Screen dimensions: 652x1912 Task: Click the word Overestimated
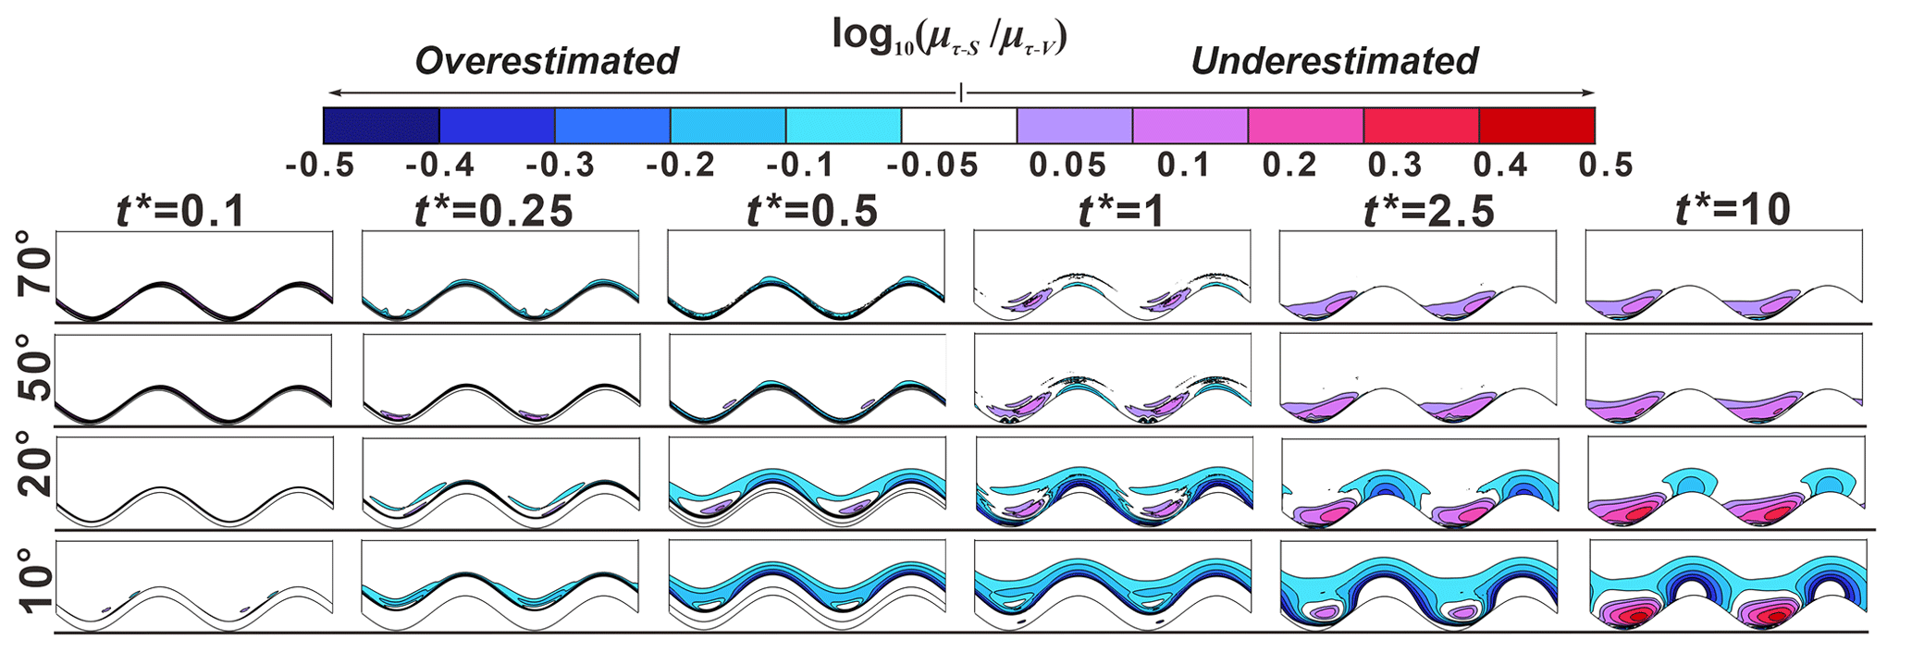(547, 61)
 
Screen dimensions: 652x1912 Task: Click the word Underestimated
(1334, 61)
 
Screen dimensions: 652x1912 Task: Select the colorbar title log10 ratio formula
(949, 37)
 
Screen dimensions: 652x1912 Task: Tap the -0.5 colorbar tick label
(320, 166)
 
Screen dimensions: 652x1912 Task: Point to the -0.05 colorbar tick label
(932, 166)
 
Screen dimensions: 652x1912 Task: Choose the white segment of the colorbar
(959, 125)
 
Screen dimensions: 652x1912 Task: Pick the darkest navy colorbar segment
(381, 125)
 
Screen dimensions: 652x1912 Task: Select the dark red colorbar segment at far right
(1536, 125)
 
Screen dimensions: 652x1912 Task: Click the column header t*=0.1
(181, 212)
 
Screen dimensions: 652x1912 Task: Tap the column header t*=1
(1121, 212)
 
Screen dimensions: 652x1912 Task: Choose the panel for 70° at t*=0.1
(194, 276)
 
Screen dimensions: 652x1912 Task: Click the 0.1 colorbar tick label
(1183, 166)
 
